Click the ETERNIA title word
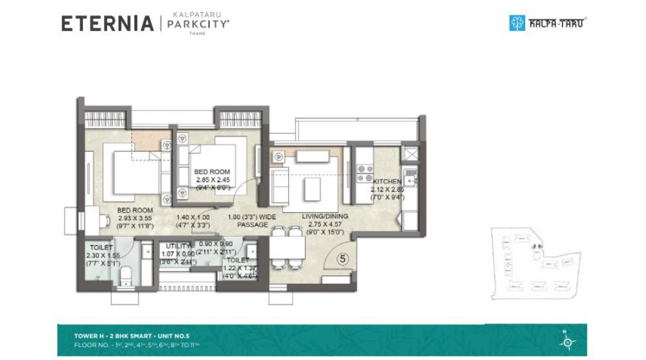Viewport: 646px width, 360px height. click(x=107, y=24)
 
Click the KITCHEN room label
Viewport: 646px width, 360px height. click(x=387, y=182)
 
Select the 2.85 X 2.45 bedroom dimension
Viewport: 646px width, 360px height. click(x=211, y=180)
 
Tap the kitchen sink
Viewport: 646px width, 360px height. click(x=409, y=179)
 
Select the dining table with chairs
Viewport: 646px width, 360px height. click(x=286, y=247)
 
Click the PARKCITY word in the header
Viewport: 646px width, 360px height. click(x=198, y=24)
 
